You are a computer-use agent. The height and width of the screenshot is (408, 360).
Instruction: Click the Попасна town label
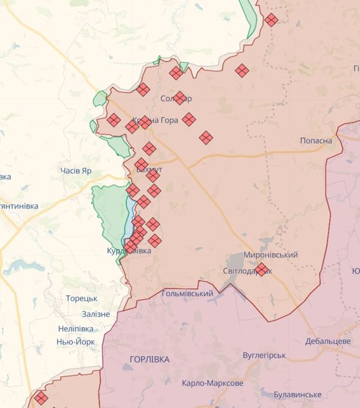tap(316, 141)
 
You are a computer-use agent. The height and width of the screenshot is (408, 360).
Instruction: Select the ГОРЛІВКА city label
tap(149, 358)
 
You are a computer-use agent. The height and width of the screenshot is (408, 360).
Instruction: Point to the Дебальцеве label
tap(327, 341)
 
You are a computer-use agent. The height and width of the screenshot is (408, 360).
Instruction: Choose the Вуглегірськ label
tap(264, 356)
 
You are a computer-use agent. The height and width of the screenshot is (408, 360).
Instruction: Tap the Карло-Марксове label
tap(212, 383)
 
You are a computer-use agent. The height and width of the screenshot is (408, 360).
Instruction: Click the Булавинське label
tap(297, 394)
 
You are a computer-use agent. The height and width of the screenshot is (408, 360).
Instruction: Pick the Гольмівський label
tap(188, 293)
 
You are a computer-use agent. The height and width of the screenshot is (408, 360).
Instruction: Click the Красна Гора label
tap(155, 120)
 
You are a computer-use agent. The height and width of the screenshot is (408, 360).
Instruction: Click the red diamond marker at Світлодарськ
tap(261, 270)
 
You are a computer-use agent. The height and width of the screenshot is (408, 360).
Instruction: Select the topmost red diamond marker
tap(271, 20)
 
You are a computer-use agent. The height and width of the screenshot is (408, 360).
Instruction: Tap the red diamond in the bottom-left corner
tap(41, 398)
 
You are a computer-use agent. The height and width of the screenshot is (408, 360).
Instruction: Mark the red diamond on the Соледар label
tap(180, 98)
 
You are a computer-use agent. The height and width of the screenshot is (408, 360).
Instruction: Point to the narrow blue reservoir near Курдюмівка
tap(130, 218)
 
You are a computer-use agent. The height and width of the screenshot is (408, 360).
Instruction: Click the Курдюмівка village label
tap(129, 251)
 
